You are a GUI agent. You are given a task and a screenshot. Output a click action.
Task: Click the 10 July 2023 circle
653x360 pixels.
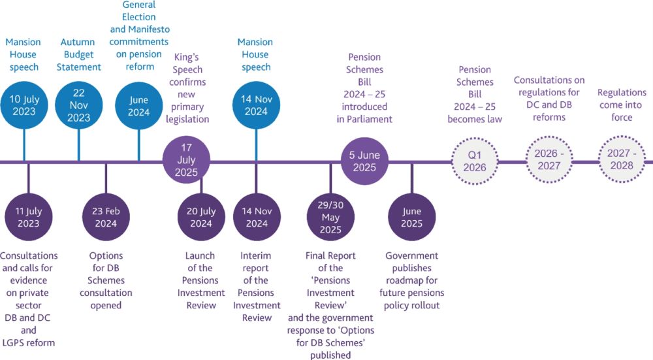pos(23,106)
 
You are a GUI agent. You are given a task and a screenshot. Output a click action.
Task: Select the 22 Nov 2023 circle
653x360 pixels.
pos(78,106)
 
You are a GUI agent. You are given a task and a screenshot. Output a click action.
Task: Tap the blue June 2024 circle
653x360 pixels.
pos(138,106)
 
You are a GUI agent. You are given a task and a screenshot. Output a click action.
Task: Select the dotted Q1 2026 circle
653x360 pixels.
pos(475,161)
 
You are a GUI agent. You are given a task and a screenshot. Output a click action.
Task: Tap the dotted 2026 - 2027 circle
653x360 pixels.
pos(549,161)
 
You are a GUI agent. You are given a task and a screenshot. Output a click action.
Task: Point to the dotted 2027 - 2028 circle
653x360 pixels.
pos(622,161)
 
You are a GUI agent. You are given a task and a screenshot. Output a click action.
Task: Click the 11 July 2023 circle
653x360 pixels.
pos(28,218)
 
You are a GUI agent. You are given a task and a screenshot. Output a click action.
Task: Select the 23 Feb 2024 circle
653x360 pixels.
pos(106,218)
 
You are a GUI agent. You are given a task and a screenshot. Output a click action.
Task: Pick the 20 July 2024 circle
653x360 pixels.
pos(201,218)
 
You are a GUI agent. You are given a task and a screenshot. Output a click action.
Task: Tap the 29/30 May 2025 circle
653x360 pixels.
pos(330,218)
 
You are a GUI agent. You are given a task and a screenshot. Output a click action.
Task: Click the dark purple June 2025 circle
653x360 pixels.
pos(411,218)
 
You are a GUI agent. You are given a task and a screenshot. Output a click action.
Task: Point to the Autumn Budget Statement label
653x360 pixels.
pos(78,54)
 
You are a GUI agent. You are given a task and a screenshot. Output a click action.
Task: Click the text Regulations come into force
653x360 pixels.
pos(622,105)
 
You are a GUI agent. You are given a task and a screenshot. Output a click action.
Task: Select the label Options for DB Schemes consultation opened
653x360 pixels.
pos(106,280)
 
